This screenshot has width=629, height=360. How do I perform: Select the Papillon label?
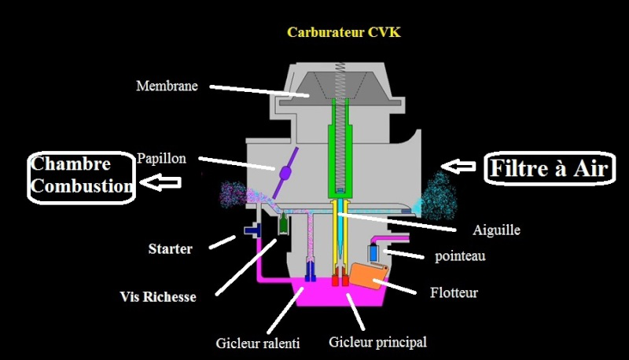(x=161, y=158)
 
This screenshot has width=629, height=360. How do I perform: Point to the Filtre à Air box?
(x=550, y=168)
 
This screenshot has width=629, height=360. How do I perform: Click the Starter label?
(x=171, y=249)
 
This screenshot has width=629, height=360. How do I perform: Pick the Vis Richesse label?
(x=158, y=297)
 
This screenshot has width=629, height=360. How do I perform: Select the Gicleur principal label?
(x=378, y=342)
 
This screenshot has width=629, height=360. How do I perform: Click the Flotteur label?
(x=454, y=293)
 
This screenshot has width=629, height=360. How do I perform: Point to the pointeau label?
(x=462, y=256)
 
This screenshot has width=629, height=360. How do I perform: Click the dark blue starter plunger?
(x=254, y=230)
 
